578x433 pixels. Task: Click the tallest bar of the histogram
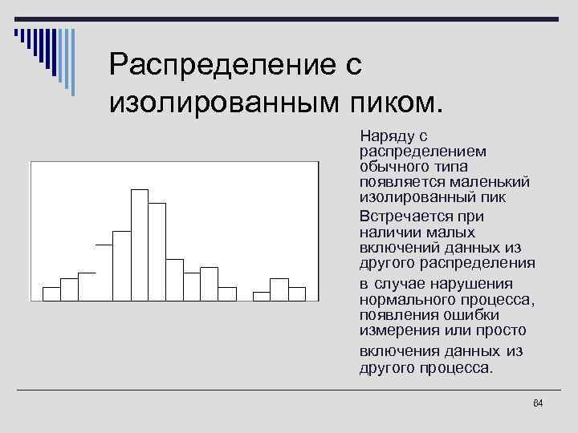140,245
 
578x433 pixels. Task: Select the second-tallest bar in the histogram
157,252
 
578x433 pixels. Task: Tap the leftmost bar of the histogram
51,293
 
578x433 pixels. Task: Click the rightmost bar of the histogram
297,293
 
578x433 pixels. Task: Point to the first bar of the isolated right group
262,296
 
